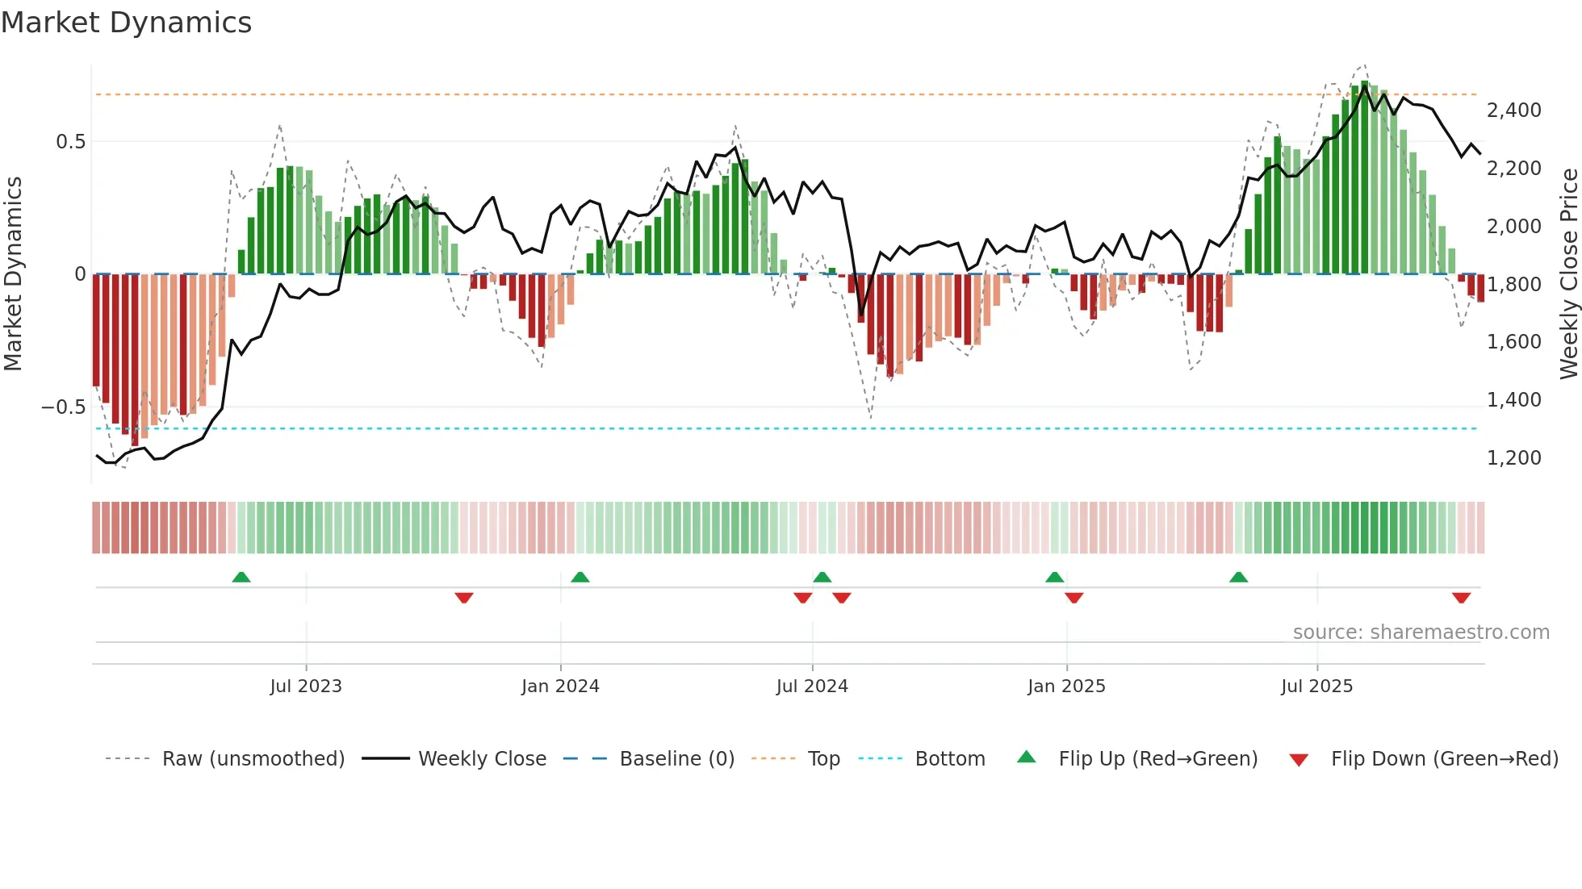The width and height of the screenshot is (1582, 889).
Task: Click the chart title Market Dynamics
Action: (x=126, y=23)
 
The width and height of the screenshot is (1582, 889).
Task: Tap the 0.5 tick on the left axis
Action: (x=70, y=142)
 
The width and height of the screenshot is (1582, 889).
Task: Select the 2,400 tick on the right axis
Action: (x=1513, y=111)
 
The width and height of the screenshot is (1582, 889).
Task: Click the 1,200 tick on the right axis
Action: (x=1513, y=458)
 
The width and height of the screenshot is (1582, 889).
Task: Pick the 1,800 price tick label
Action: (x=1513, y=284)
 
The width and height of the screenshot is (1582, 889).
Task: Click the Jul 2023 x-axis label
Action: (x=306, y=687)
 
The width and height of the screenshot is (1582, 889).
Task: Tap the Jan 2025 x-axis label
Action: (x=1066, y=687)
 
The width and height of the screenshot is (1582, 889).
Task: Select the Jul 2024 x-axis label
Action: (x=812, y=687)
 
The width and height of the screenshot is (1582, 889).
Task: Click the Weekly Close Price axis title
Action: (x=1568, y=274)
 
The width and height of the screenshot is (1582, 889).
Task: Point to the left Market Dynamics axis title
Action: (x=14, y=274)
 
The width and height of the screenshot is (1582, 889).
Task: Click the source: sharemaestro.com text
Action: (x=1421, y=632)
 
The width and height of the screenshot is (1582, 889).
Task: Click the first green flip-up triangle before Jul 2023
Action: (x=241, y=577)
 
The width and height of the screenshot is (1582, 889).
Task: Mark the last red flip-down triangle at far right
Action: (x=1461, y=598)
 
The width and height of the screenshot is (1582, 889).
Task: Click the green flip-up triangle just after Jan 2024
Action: (x=580, y=577)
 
